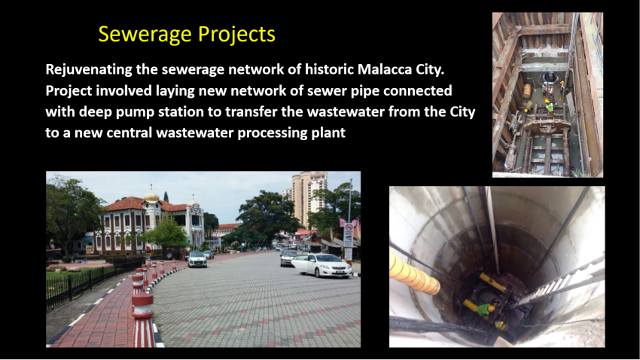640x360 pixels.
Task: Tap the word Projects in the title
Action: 236,35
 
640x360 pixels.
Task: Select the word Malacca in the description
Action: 385,69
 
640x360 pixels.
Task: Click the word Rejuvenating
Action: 89,70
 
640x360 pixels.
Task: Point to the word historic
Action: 329,69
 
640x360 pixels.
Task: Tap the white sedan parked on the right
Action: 322,265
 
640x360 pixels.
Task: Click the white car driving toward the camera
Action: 197,259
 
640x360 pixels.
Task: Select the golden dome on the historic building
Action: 151,196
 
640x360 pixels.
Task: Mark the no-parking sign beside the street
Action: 348,235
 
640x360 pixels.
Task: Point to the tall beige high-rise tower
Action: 309,199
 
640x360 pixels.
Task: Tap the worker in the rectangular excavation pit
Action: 550,106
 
